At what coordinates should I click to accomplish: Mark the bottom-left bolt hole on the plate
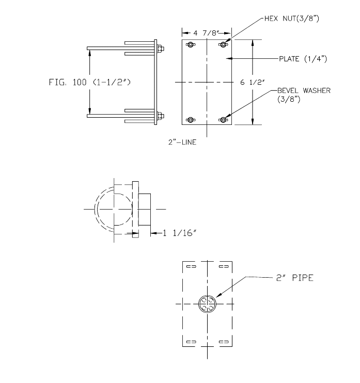click(191, 120)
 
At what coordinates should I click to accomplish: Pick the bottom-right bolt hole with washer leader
click(223, 120)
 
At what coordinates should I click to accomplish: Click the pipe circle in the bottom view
click(208, 305)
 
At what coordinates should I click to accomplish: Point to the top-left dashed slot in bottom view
click(191, 267)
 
